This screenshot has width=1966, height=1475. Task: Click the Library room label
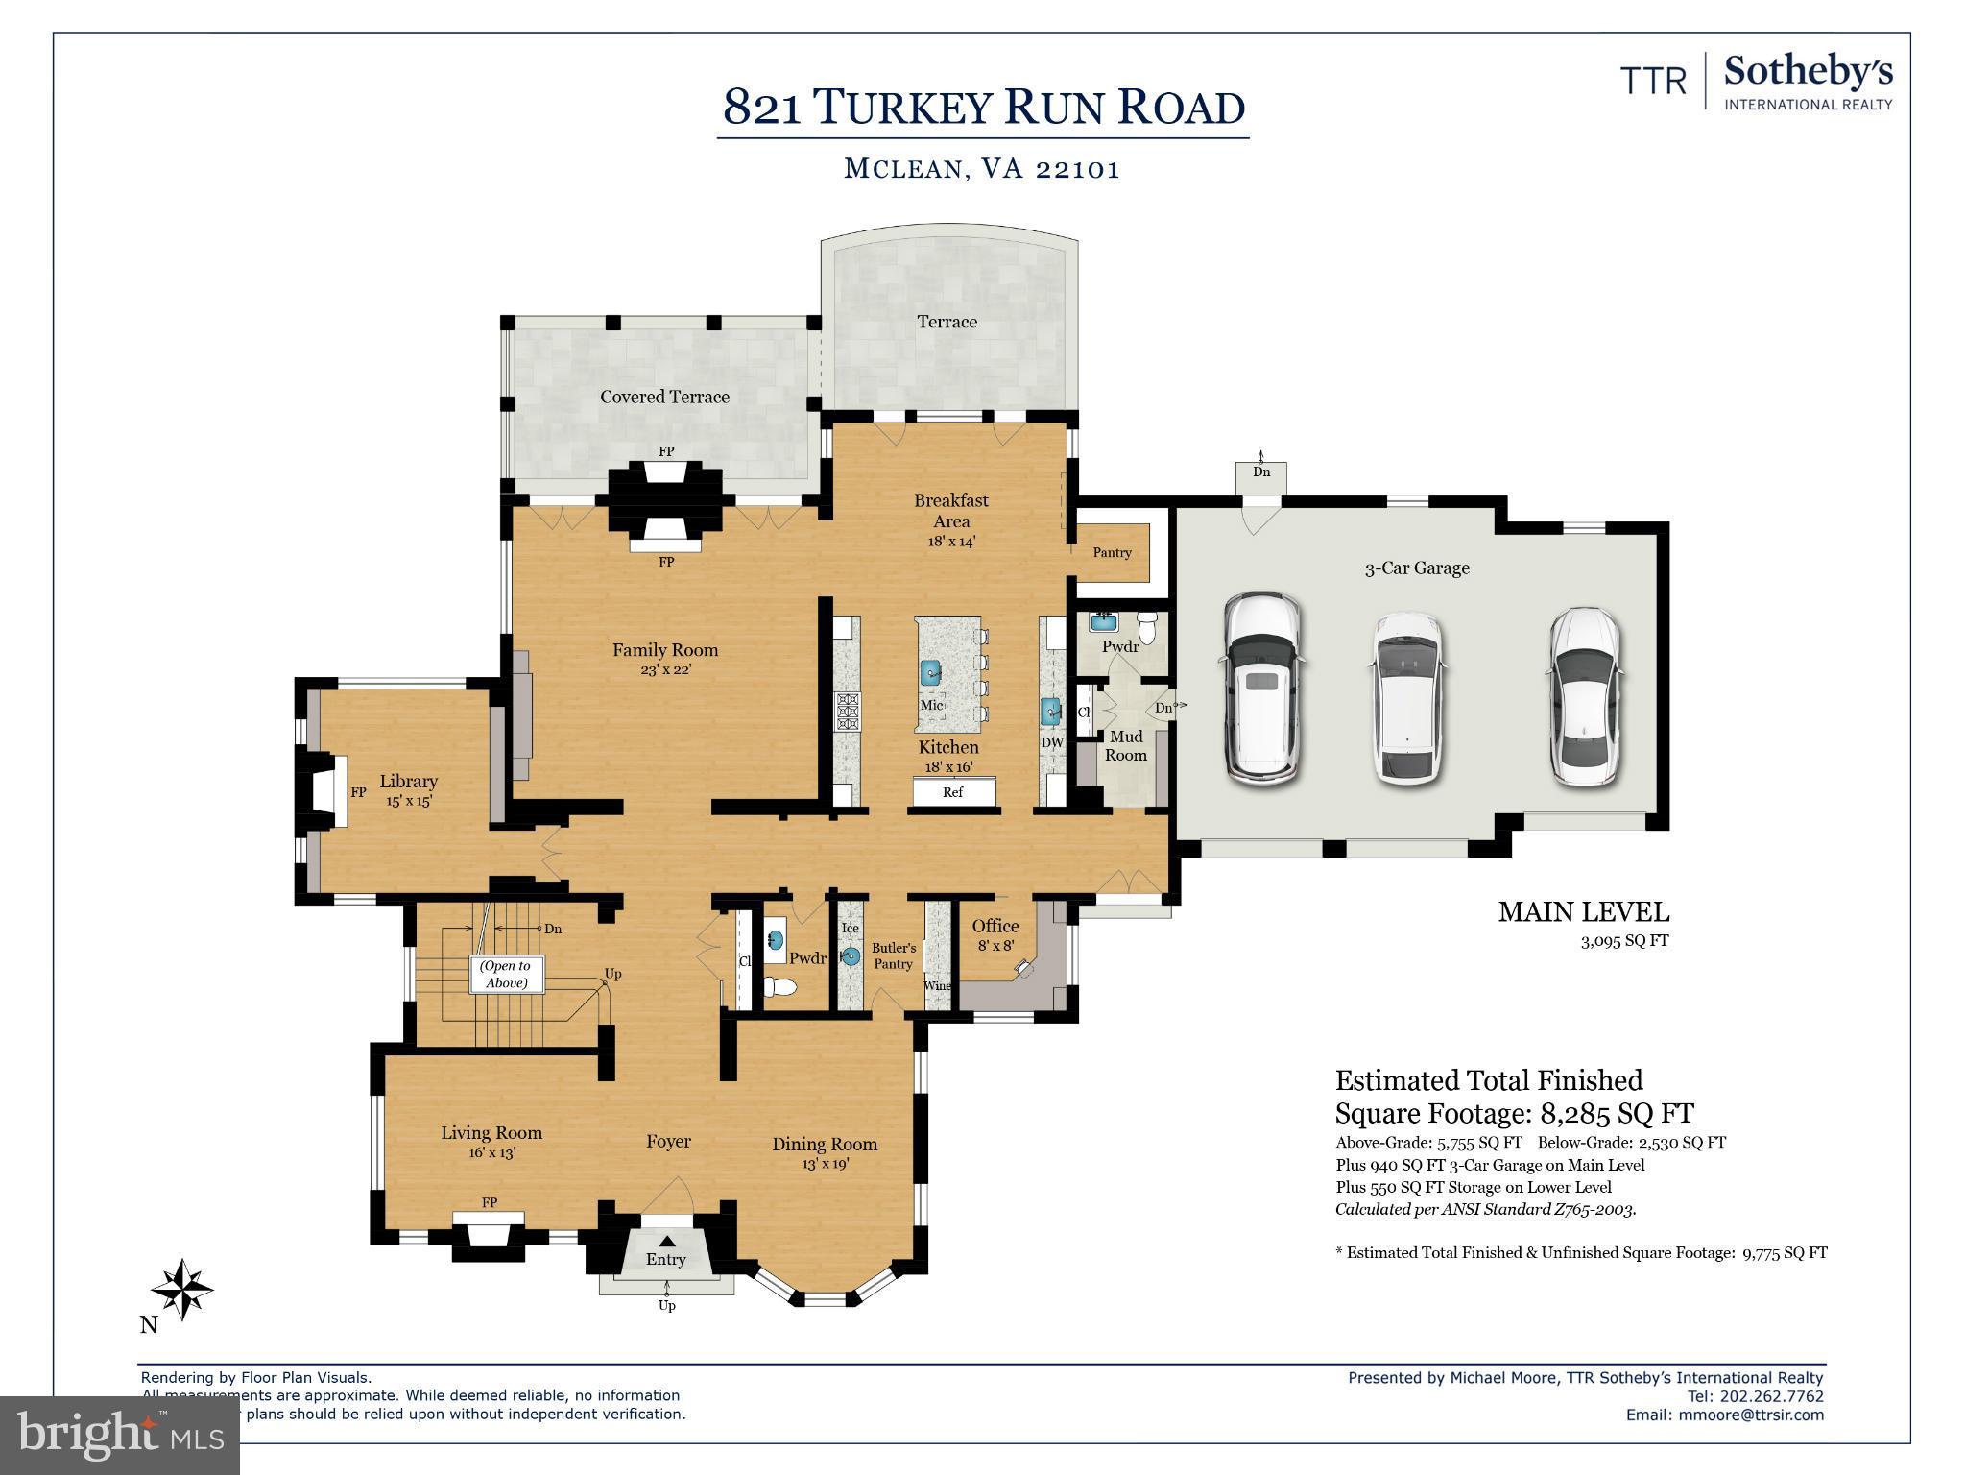pyautogui.click(x=408, y=782)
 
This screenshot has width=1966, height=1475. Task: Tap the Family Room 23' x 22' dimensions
pyautogui.click(x=665, y=670)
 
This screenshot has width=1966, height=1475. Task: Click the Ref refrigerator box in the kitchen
pyautogui.click(x=952, y=792)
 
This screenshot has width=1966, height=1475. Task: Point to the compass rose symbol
pyautogui.click(x=181, y=1289)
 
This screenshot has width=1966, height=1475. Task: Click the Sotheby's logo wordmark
pyautogui.click(x=1808, y=71)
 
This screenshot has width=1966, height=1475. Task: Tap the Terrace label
pyautogui.click(x=947, y=322)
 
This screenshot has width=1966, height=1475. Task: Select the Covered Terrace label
pyautogui.click(x=664, y=397)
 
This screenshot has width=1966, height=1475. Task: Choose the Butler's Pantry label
pyautogui.click(x=893, y=955)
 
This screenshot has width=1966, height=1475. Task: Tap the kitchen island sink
pyautogui.click(x=930, y=672)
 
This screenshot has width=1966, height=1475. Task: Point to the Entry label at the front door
pyautogui.click(x=665, y=1259)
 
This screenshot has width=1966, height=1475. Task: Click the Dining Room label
pyautogui.click(x=825, y=1144)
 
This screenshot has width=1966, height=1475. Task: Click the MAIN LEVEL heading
pyautogui.click(x=1583, y=912)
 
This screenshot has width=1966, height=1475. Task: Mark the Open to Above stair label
pyautogui.click(x=505, y=974)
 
